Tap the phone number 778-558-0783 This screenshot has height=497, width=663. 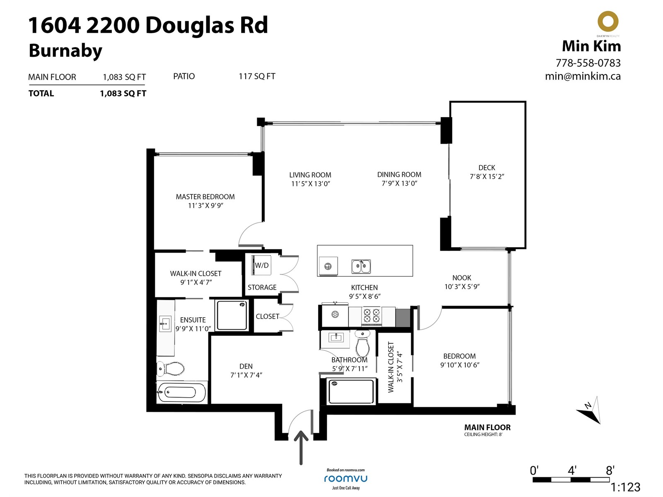[x=588, y=63]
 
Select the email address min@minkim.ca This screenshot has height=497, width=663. [x=583, y=76]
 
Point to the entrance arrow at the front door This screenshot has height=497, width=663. [x=301, y=448]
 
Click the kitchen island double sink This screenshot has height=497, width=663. [x=361, y=266]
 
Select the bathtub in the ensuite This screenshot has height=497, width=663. [x=181, y=392]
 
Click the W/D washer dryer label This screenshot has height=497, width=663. [x=261, y=265]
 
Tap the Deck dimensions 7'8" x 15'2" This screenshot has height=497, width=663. [x=487, y=176]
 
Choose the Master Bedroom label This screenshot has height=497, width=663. [x=205, y=197]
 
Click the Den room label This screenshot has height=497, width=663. [x=246, y=367]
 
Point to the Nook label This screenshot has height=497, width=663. [x=462, y=277]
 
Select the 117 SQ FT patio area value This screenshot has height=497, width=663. [x=257, y=76]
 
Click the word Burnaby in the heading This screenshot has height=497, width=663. [x=65, y=51]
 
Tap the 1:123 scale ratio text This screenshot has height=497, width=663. [x=625, y=487]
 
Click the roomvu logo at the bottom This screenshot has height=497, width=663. [x=346, y=479]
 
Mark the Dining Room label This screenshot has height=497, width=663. [x=399, y=174]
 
